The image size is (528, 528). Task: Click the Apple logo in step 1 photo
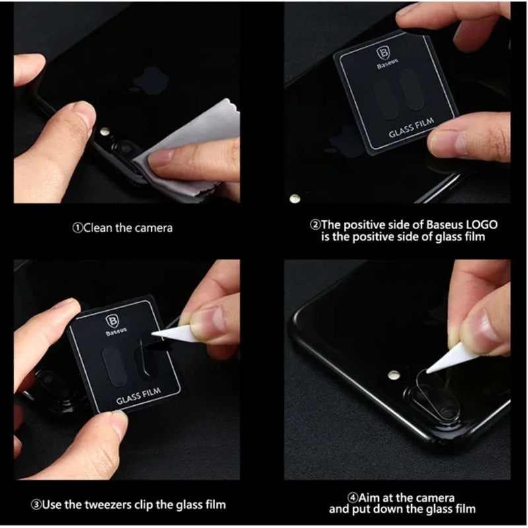click(x=150, y=81)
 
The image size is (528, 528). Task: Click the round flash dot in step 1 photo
click(x=106, y=131)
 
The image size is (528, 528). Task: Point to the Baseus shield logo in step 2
click(x=383, y=54)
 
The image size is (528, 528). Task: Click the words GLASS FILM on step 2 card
click(x=411, y=127)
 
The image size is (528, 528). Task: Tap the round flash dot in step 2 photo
click(x=295, y=199)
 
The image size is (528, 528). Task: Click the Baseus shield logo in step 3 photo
click(x=112, y=321)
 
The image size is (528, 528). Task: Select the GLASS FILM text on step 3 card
click(x=139, y=396)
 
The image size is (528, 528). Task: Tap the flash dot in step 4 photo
click(x=393, y=374)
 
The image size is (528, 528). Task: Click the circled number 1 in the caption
click(x=77, y=228)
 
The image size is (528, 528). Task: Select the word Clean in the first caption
click(x=98, y=228)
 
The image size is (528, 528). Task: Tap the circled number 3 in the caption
click(x=36, y=505)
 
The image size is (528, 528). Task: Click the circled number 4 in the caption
click(x=352, y=498)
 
